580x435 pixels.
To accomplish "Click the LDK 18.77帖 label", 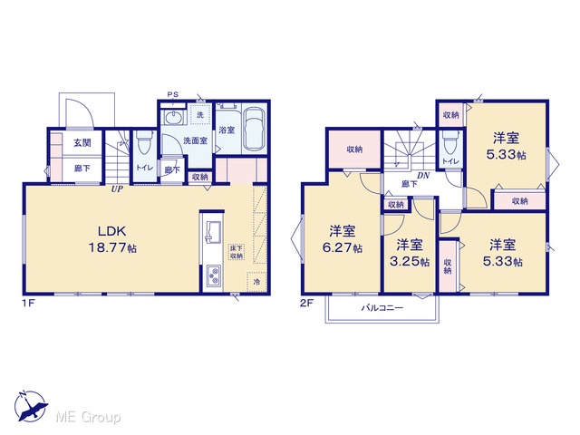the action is click(112, 239).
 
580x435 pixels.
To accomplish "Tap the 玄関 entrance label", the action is click(82, 142).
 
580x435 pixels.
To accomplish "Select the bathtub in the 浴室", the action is click(255, 129).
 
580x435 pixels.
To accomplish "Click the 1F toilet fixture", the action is click(144, 144).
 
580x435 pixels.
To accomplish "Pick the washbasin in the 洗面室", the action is click(173, 118).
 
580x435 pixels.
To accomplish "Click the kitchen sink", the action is click(213, 232).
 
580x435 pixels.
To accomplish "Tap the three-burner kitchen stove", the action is click(214, 275).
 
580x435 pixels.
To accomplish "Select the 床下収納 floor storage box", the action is click(236, 252).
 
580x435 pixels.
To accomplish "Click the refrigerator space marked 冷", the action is click(256, 282).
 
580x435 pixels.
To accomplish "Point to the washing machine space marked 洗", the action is click(200, 115).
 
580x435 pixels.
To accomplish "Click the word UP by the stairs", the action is click(117, 189).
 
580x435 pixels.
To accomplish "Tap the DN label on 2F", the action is click(423, 176).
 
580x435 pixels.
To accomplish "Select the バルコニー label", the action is click(382, 308).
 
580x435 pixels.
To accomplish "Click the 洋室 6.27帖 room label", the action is click(343, 239).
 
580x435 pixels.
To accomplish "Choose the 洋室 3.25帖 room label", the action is click(410, 253).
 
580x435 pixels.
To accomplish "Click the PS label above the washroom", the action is click(173, 94).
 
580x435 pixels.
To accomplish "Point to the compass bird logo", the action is click(31, 406).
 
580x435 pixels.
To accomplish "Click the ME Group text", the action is click(88, 417).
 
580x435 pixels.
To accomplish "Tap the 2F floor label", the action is click(306, 304).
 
